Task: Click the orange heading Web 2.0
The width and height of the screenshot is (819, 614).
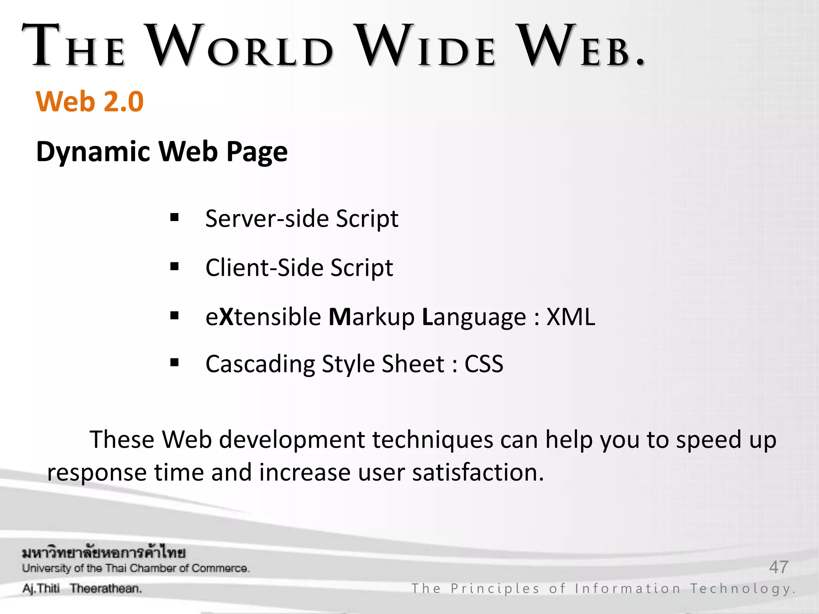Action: click(90, 102)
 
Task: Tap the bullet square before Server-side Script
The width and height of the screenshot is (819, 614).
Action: click(174, 217)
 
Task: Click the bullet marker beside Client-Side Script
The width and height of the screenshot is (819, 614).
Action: click(174, 266)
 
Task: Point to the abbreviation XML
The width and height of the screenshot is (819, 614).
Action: click(571, 317)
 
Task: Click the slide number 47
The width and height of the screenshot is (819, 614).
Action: click(778, 567)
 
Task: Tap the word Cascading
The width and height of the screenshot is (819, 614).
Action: click(260, 364)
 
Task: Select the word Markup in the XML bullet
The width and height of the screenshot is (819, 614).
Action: click(372, 317)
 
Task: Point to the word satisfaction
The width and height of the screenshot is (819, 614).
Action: click(478, 472)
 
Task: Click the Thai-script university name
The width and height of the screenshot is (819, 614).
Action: click(104, 553)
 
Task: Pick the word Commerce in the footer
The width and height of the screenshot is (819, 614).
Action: click(220, 568)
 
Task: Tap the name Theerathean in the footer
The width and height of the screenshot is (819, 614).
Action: click(106, 588)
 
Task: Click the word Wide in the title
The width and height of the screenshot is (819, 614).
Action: click(426, 46)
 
